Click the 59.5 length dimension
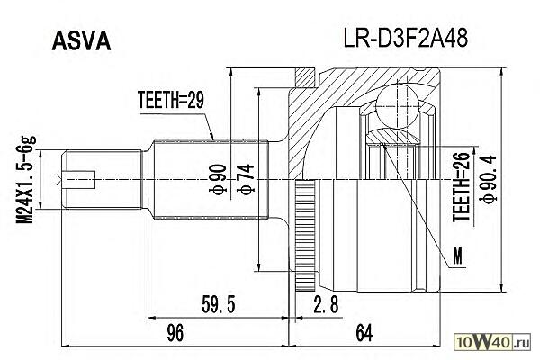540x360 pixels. click(x=218, y=306)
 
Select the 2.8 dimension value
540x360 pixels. click(x=326, y=306)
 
